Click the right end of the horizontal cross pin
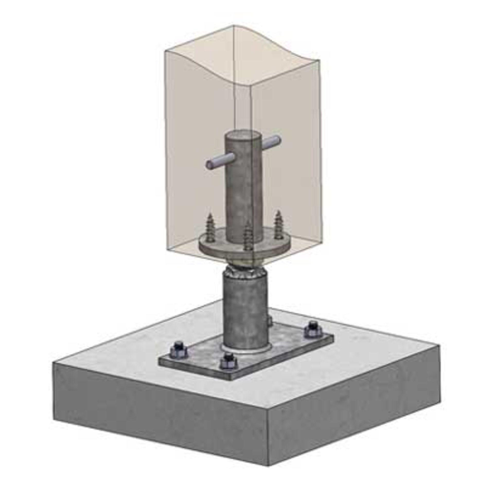279,140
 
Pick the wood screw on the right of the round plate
278,224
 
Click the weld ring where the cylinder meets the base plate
247,350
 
